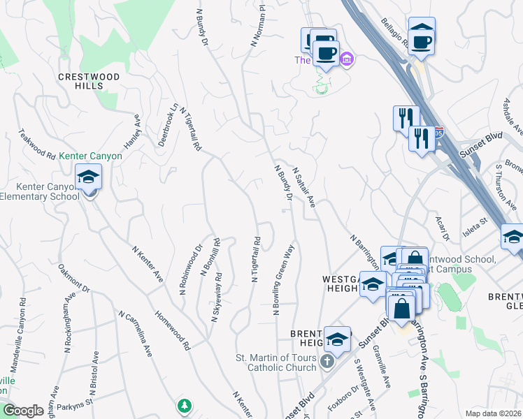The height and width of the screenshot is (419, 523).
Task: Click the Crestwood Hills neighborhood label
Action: click(x=89, y=81)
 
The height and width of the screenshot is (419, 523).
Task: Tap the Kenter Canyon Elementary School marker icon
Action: click(x=89, y=179)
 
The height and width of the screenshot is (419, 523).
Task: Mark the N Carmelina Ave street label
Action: click(x=136, y=335)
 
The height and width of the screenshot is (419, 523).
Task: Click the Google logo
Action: click(x=23, y=411)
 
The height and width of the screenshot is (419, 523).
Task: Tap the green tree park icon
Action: click(x=183, y=405)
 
